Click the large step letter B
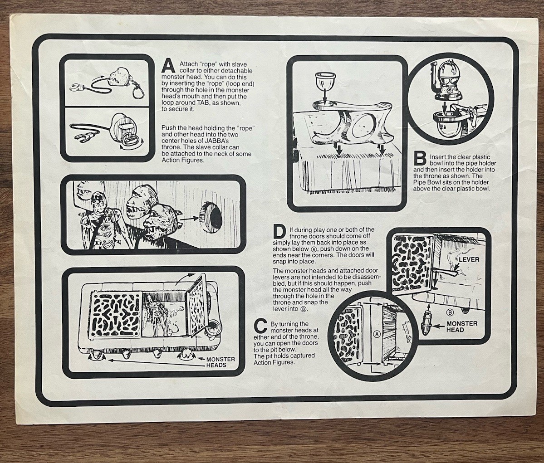[420, 159]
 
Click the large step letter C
[260, 325]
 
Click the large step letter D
[279, 232]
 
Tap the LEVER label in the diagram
[469, 259]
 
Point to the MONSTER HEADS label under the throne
[221, 362]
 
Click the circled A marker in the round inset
[377, 334]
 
